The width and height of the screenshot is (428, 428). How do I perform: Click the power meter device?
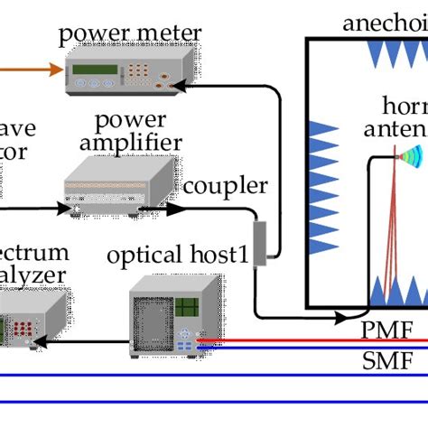click(126, 70)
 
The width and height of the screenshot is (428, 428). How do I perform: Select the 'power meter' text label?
click(130, 35)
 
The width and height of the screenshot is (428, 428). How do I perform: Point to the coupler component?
click(261, 242)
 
